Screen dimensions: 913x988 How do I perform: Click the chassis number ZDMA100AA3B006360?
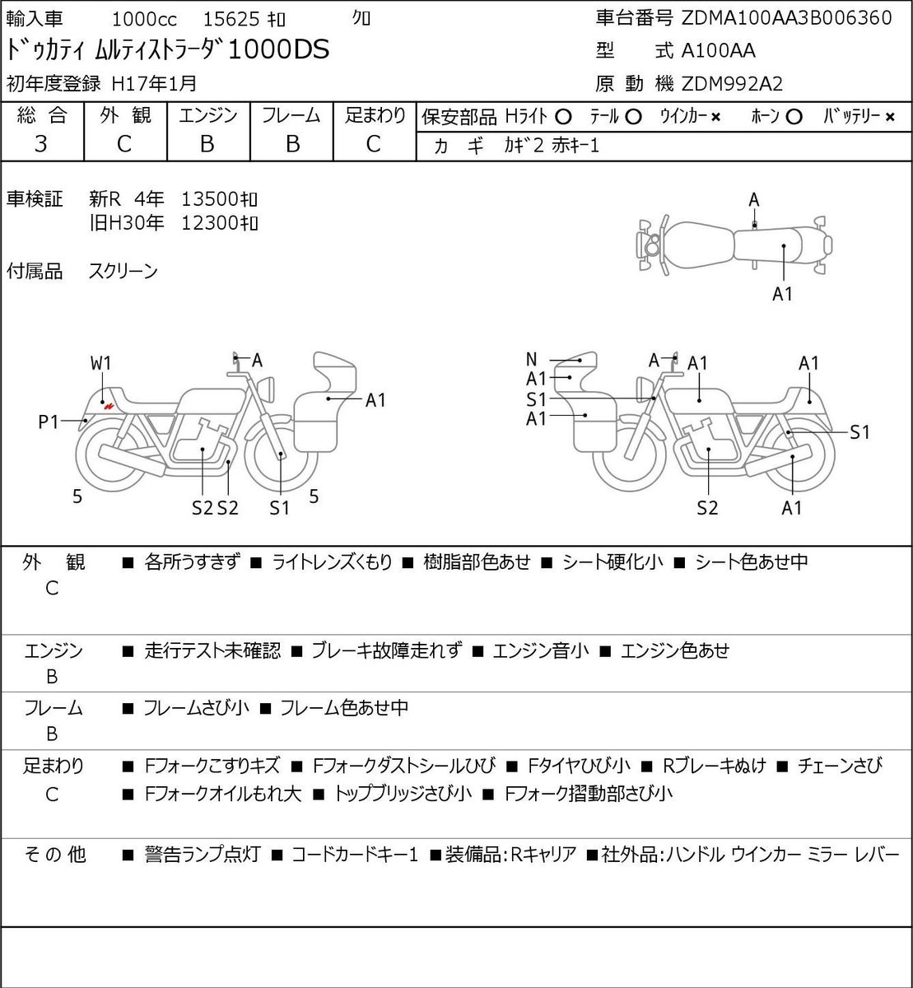point(786,18)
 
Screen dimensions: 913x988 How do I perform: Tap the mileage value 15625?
point(231,19)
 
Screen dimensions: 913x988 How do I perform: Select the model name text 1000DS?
point(278,49)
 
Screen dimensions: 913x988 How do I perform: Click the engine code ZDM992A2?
point(732,84)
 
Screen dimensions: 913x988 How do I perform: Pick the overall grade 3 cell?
point(41,144)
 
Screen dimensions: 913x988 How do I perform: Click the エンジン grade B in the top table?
point(207,144)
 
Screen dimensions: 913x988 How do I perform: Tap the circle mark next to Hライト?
point(563,117)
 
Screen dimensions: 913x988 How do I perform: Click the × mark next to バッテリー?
point(890,118)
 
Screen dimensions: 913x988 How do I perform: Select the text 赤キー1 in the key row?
point(575,146)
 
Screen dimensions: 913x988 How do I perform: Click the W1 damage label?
point(101,363)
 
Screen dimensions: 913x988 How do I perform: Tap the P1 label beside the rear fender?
point(49,422)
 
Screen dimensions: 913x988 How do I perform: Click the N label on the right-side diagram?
point(532,359)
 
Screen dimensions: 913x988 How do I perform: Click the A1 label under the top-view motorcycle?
point(782,294)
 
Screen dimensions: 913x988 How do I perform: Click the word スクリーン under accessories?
point(123,271)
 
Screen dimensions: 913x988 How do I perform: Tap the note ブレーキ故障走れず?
point(387,650)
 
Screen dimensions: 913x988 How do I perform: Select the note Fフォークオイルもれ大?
point(223,794)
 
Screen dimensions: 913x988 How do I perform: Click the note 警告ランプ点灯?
point(203,854)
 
